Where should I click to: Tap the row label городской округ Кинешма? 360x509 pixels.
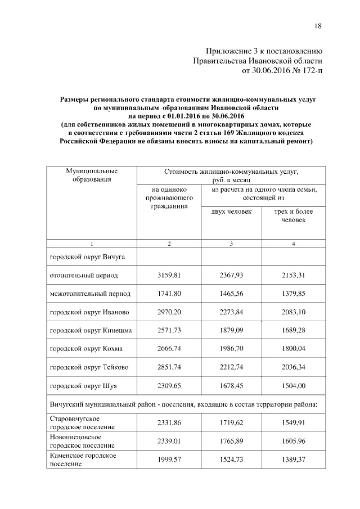[x=91, y=330]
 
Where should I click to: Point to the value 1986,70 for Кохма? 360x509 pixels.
[x=231, y=349]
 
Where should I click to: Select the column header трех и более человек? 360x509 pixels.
[x=293, y=215]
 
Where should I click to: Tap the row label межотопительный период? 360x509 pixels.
[x=90, y=294]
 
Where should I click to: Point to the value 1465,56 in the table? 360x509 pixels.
[x=231, y=294]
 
